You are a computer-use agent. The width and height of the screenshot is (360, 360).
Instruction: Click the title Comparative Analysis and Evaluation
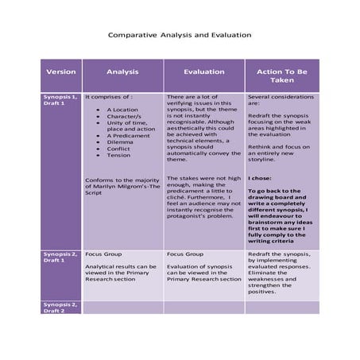pyautogui.click(x=179, y=35)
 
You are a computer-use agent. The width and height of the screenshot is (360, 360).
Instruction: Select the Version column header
pyautogui.click(x=61, y=72)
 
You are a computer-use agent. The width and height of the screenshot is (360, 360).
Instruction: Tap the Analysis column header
pyautogui.click(x=122, y=72)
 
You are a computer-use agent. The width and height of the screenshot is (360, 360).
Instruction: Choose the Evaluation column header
pyautogui.click(x=203, y=72)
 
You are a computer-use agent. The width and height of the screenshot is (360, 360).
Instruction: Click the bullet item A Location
pyautogui.click(x=122, y=110)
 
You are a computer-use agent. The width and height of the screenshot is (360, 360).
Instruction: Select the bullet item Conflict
pyautogui.click(x=118, y=148)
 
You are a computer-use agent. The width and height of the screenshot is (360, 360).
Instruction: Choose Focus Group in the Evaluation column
pyautogui.click(x=184, y=254)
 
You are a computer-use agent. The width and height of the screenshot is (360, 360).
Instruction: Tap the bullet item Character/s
pyautogui.click(x=123, y=116)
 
